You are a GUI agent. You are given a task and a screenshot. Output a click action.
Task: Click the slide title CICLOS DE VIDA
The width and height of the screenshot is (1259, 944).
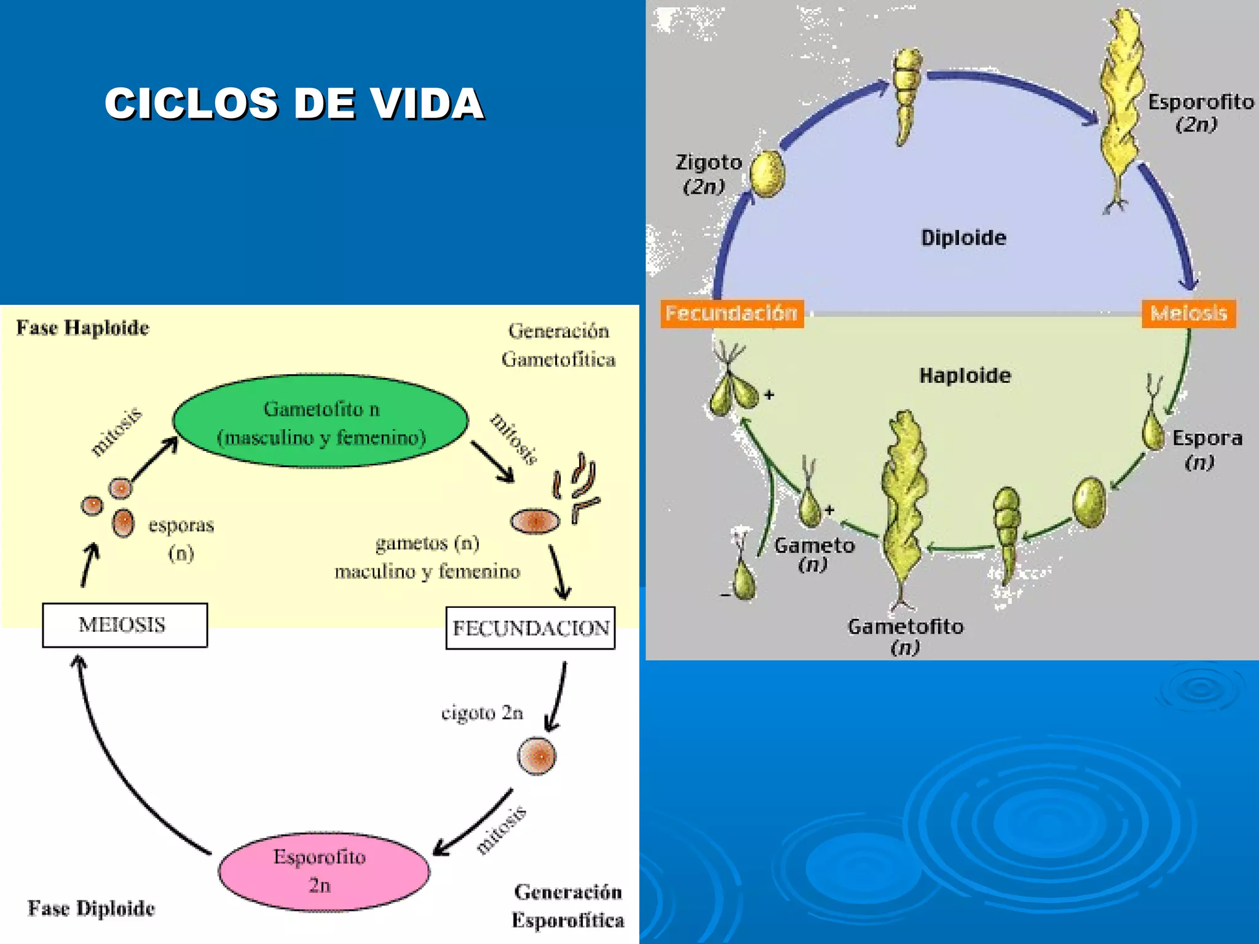pos(294,103)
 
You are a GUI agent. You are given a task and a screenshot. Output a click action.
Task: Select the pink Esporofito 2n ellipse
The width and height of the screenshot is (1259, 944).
pos(323,871)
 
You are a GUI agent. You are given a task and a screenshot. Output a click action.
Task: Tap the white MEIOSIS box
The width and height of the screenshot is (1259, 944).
pos(125,625)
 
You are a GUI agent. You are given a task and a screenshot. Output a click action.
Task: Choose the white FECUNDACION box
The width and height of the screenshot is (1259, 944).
pos(531,628)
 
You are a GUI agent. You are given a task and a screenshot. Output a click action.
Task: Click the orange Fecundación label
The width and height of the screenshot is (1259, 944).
pos(732,313)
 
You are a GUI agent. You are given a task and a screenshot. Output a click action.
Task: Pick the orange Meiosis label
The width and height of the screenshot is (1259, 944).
pos(1188,313)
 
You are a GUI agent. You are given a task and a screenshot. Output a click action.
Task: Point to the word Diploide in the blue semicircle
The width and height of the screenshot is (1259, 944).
pos(963,238)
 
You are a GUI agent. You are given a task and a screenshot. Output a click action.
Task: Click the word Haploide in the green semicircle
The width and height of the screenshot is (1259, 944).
pos(965,376)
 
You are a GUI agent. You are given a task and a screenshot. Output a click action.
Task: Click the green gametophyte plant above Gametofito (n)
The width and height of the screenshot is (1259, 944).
pos(902,498)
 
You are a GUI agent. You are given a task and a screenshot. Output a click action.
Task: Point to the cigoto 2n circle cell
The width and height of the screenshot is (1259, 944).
pos(537,756)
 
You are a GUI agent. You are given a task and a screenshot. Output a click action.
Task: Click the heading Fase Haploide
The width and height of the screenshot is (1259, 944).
pos(82,328)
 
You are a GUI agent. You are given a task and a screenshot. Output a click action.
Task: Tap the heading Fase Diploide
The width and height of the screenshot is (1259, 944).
pos(91,908)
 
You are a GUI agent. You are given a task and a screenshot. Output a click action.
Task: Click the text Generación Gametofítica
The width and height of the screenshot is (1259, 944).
pos(558,345)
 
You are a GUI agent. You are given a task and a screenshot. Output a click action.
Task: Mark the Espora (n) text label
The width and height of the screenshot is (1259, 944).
pos(1206,450)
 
